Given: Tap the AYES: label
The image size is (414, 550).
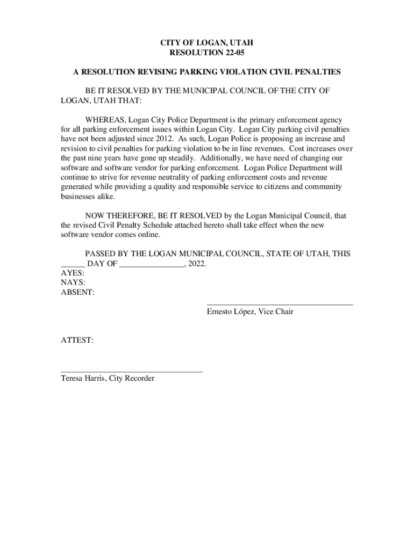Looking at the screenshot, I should (72, 273).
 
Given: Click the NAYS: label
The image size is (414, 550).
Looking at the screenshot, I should (73, 283).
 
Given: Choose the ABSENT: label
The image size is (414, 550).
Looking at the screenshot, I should (77, 293).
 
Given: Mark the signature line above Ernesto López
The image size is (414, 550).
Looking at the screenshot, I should (280, 305).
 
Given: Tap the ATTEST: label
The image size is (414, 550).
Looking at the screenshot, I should (77, 340).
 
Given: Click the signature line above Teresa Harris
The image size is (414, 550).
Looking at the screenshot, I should (132, 371).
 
